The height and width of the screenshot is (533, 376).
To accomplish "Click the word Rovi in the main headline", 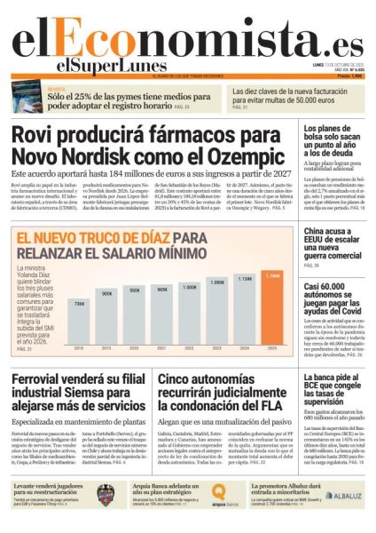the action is pyautogui.click(x=32, y=136).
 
